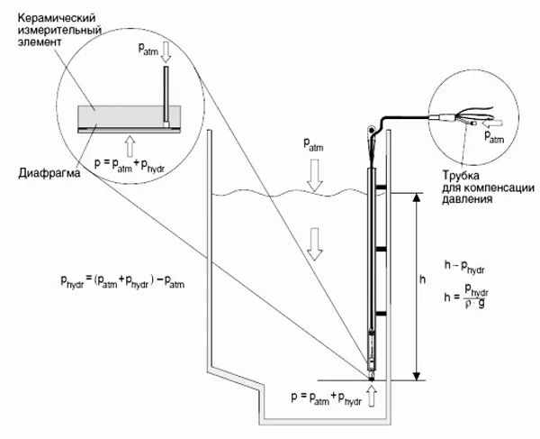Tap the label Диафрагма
[x=49, y=173]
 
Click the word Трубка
[x=461, y=176]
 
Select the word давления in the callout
[x=466, y=199]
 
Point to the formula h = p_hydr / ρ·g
[x=466, y=297]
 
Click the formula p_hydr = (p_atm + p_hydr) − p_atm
[x=122, y=282]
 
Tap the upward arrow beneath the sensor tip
[x=372, y=396]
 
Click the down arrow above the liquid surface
[x=314, y=175]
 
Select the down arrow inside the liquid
[x=314, y=244]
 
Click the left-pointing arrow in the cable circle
[x=492, y=123]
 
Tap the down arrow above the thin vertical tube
[x=166, y=52]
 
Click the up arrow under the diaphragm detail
[x=130, y=146]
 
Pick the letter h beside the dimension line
[x=423, y=279]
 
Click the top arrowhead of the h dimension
[x=417, y=197]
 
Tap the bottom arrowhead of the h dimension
[x=417, y=376]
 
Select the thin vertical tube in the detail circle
[x=166, y=96]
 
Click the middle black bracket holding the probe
[x=381, y=249]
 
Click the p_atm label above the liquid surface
[x=313, y=144]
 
